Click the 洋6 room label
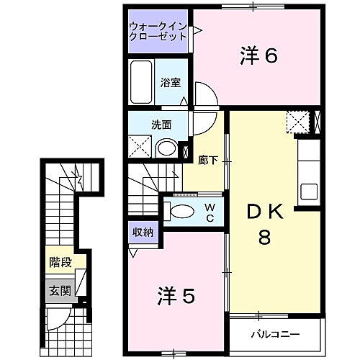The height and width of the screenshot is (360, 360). tap(258, 56)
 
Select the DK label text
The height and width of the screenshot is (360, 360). tap(265, 212)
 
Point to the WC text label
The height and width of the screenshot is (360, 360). tap(211, 212)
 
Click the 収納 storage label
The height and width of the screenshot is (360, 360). tap(141, 232)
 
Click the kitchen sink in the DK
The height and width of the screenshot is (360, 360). tap(309, 192)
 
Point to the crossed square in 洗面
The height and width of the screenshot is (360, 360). tap(140, 148)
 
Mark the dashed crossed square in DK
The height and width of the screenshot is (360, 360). tap(297, 122)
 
